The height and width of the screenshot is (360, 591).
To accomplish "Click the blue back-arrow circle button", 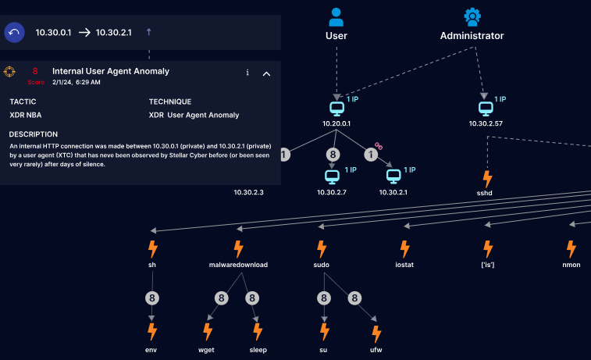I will pos(15,33).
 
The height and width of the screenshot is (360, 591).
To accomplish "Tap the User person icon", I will pos(336,17).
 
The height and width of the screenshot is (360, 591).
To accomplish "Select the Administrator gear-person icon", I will pos(472,17).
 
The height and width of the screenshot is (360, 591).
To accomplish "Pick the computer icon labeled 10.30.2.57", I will pos(486,108).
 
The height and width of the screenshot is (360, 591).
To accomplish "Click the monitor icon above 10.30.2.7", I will pos(333,176).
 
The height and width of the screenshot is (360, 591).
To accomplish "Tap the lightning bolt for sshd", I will pos(487,179).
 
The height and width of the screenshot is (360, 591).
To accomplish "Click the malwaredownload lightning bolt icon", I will pos(239,250).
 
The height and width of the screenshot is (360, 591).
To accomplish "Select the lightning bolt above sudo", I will pos(321,250).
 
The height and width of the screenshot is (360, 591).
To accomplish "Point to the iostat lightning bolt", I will pos(404,250).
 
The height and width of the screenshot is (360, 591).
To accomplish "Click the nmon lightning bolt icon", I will pos(571,250).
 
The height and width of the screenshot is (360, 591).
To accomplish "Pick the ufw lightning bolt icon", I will pos(376,334).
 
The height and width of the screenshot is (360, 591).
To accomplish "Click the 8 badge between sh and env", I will pos(151,298).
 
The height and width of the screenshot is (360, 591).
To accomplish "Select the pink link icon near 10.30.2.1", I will pos(379,145).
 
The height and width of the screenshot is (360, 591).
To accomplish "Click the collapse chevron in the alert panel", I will pos(266,73).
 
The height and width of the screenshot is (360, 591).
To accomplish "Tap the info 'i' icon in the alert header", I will pos(247,73).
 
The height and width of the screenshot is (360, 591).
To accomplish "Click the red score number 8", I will pos(35,71).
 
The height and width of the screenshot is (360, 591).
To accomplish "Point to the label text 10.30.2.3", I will pos(249,192).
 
